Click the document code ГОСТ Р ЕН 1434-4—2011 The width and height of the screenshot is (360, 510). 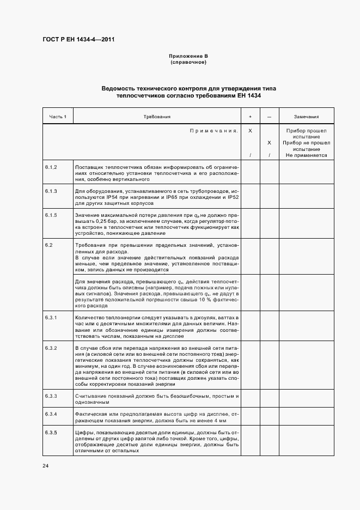[x=78, y=39]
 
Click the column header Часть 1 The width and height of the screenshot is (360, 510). [x=58, y=117]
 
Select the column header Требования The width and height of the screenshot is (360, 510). [x=157, y=117]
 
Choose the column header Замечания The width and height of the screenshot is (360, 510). [x=306, y=117]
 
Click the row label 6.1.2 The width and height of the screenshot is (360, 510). [x=51, y=167]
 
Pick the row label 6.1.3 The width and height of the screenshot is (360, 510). [x=51, y=191]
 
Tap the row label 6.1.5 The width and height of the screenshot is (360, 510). [x=51, y=216]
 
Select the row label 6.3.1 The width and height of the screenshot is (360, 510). [x=51, y=317]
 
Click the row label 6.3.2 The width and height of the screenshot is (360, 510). [x=51, y=348]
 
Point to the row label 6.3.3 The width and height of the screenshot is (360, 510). [x=51, y=394]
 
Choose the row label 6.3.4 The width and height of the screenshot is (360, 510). [x=51, y=414]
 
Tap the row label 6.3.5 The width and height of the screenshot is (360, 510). [x=51, y=433]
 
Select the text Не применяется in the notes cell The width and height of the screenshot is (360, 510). [x=306, y=155]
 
